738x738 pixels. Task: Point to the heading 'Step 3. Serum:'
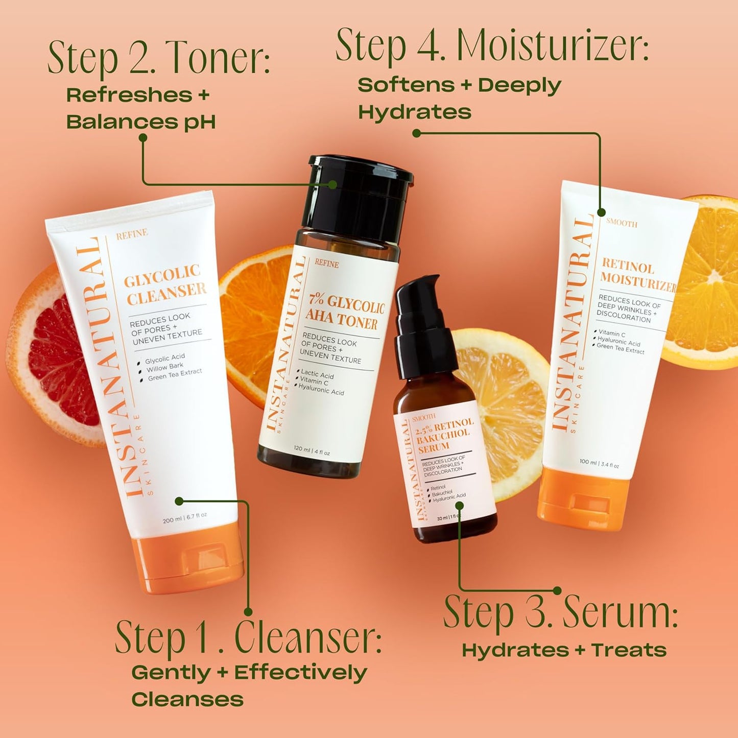pos(560,612)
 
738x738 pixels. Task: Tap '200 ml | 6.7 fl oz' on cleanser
pos(184,518)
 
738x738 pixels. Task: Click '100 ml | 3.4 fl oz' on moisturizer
pos(599,463)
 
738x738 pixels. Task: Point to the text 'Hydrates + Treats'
pos(564,650)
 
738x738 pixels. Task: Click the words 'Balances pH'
pos(141,122)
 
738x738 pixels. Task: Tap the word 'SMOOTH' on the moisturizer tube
pos(622,223)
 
